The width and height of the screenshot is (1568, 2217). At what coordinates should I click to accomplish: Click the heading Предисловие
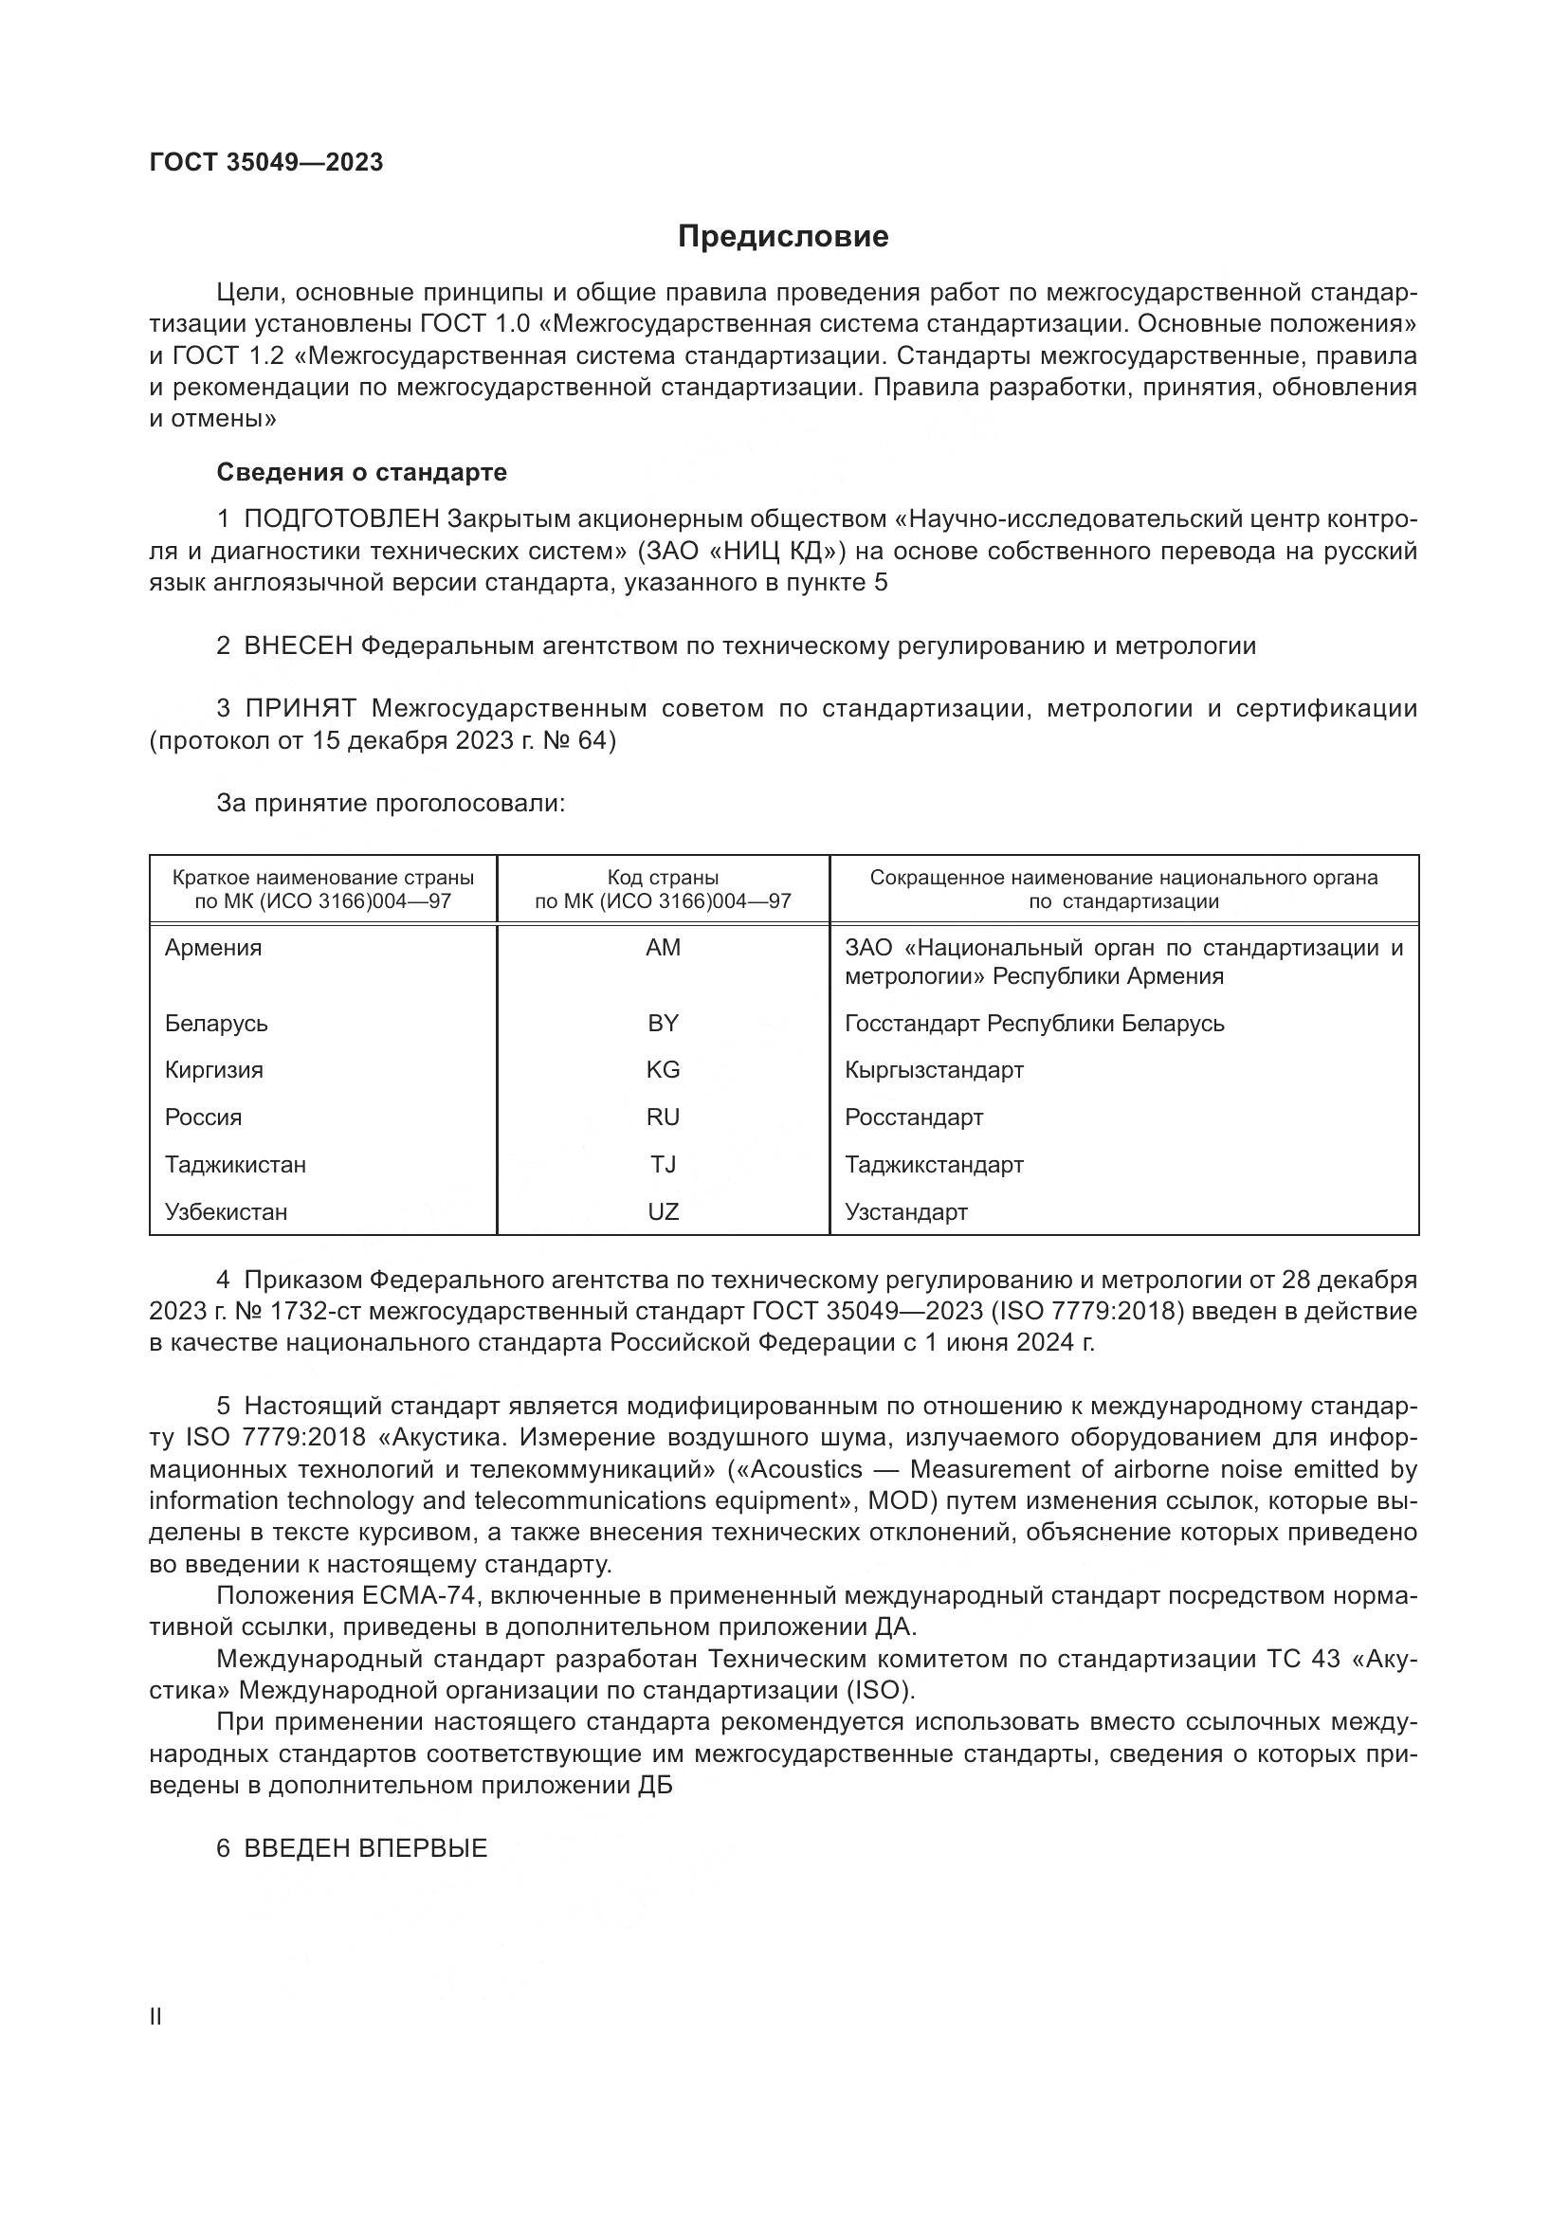coord(783,237)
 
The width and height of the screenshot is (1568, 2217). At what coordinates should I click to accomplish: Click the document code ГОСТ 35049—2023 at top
coord(266,162)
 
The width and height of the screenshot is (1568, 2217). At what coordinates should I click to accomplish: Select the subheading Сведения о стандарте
coord(361,472)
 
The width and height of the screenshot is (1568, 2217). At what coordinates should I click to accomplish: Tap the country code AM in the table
coord(664,948)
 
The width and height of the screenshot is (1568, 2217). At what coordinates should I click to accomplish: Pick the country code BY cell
coord(664,1024)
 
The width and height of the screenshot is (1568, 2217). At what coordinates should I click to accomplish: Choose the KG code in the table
coord(664,1070)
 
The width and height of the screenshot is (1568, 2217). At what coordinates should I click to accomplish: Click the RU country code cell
coord(664,1118)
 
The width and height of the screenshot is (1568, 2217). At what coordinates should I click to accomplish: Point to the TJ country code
coord(664,1165)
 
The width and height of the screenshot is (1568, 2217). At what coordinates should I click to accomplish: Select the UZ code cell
coord(664,1212)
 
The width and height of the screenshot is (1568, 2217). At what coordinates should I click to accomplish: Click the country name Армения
coord(213,948)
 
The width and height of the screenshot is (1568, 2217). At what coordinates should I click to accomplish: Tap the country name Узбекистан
coord(226,1212)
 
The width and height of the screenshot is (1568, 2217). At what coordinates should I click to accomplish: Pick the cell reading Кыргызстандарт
coord(934,1070)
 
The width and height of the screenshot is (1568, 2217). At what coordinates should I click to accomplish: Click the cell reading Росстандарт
coord(913,1118)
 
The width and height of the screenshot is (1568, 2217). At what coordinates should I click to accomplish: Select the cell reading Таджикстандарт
coord(934,1165)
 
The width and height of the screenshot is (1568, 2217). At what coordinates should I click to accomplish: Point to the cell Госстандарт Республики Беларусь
coord(1034,1024)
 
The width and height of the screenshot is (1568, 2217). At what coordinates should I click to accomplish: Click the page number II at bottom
coord(155,2017)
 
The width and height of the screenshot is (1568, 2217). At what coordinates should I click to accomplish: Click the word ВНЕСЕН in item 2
coord(299,646)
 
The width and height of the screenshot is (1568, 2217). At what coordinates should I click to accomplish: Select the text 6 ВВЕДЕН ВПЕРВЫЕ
coord(353,1848)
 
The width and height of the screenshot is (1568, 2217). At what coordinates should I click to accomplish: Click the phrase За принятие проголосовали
coord(390,804)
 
